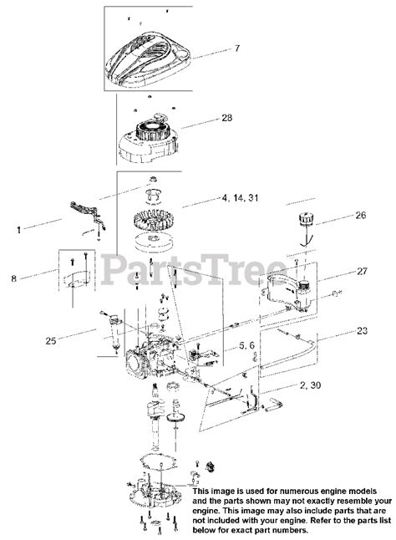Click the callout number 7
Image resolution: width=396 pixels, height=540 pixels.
[236, 48]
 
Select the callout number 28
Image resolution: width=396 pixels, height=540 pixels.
[226, 118]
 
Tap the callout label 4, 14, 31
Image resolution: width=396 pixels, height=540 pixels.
[240, 198]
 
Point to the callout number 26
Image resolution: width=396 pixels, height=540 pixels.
[361, 216]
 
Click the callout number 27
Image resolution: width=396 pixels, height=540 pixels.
[362, 272]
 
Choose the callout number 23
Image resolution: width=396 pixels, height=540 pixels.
[362, 331]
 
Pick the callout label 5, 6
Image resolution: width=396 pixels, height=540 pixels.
[246, 346]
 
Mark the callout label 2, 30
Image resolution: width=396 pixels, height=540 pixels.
[310, 385]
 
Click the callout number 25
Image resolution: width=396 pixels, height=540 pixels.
[51, 341]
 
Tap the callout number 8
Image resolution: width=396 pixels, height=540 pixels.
[13, 278]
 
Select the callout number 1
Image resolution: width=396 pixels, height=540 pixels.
[19, 230]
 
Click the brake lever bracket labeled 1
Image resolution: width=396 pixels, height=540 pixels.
[88, 214]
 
